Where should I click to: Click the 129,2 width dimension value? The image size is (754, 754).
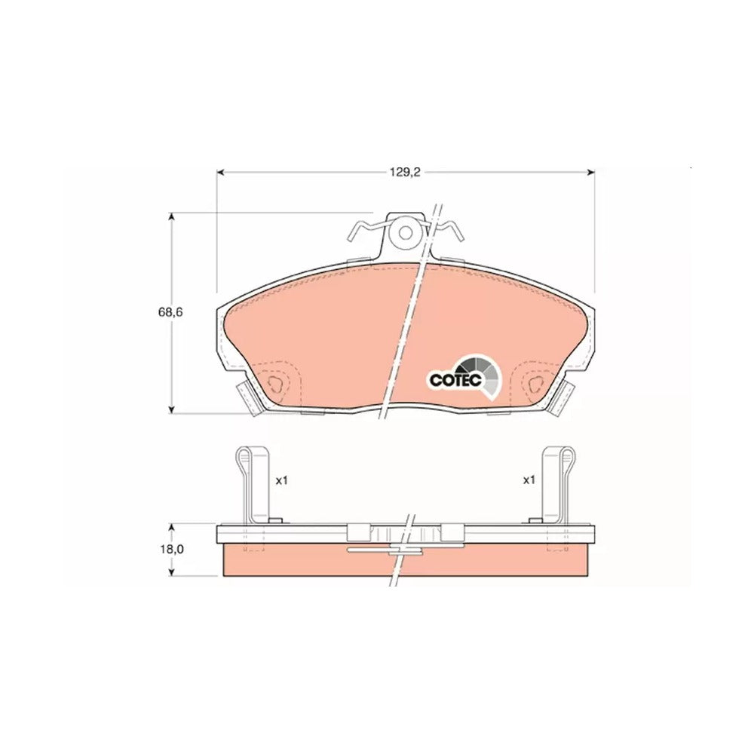[406, 172]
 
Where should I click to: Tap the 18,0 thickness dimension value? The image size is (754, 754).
[172, 549]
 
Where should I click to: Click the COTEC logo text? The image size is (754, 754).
[455, 380]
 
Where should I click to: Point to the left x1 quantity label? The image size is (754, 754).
[281, 480]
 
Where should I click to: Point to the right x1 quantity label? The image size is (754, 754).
[529, 480]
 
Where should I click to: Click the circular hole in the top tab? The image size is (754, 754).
[406, 233]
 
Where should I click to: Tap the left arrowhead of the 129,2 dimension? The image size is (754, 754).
[221, 172]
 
